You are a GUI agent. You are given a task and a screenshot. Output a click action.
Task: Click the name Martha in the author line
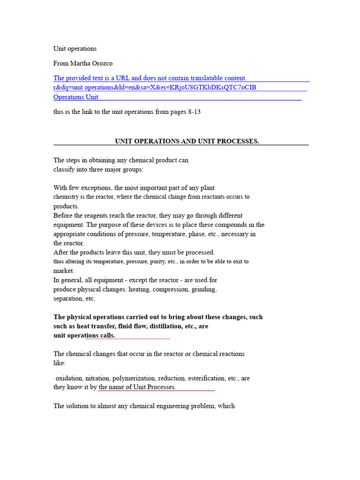[80, 63]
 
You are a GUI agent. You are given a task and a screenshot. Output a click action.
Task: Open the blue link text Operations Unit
[76, 97]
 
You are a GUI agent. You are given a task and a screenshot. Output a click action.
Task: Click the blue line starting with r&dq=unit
[155, 88]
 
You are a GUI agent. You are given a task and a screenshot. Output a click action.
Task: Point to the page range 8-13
[195, 112]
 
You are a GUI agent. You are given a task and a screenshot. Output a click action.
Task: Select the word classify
[64, 169]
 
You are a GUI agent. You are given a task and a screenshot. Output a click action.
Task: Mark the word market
[64, 271]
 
